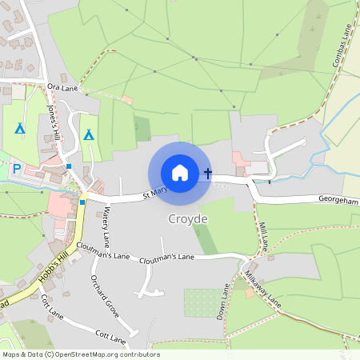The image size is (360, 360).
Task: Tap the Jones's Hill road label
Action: pos(54,123)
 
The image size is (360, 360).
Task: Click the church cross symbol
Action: pos(208,173)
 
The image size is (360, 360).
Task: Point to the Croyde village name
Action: pos(188,218)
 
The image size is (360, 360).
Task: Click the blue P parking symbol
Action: pos(16,169)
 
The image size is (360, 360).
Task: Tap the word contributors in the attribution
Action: pos(137,354)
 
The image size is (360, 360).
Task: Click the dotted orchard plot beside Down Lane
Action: pos(200,302)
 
